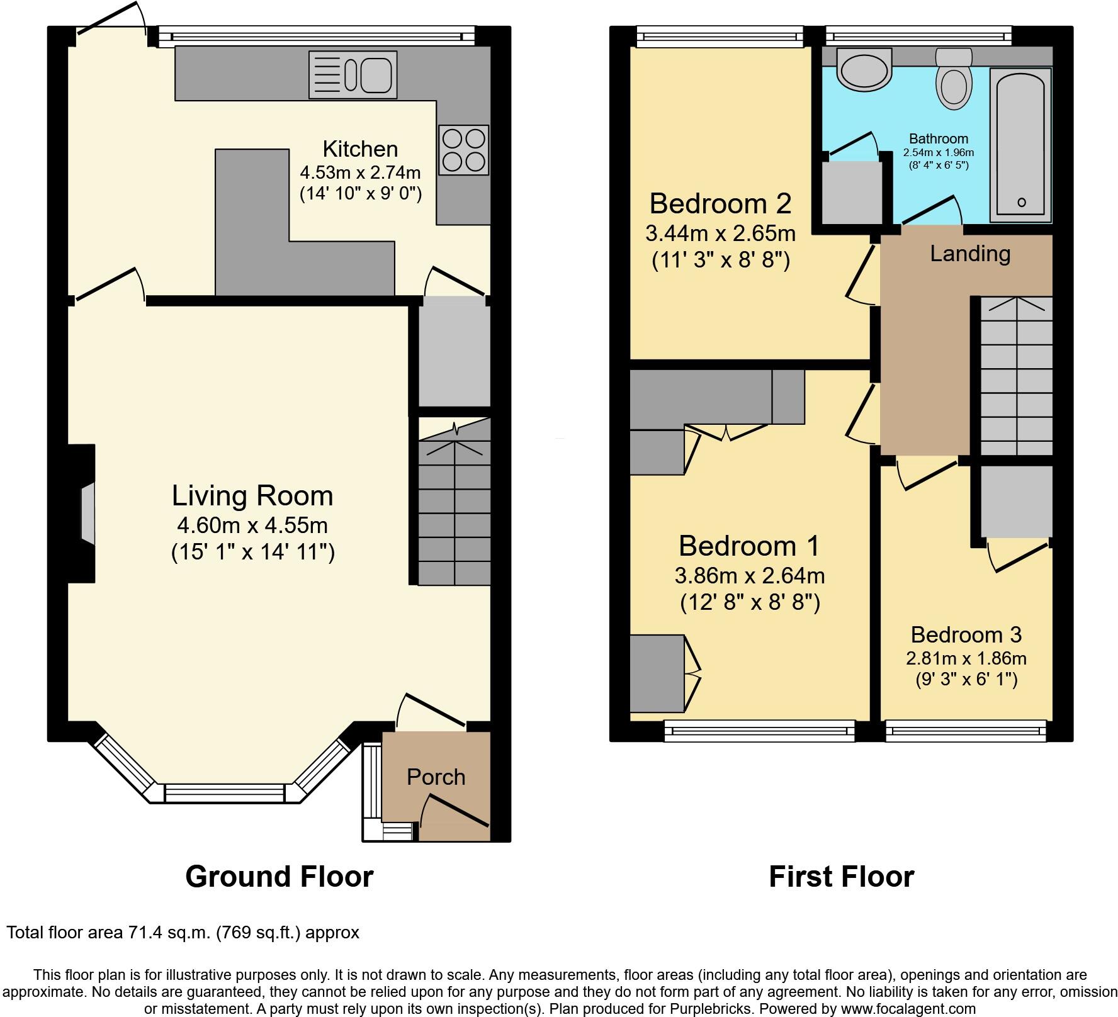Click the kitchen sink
(353, 75)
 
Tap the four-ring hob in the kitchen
(465, 150)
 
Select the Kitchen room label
(360, 149)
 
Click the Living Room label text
(252, 496)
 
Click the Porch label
(436, 777)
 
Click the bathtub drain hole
(1021, 203)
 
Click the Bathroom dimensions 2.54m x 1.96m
(938, 152)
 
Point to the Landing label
(970, 254)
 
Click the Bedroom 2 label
(720, 204)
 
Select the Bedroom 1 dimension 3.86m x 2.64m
(749, 575)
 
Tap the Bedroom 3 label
(966, 634)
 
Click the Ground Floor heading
(279, 876)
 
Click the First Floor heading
(841, 876)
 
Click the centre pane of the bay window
(225, 793)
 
